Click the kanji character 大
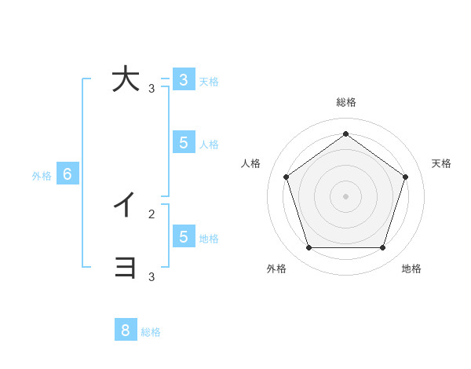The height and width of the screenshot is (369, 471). (126, 80)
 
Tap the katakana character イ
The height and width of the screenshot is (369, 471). (125, 206)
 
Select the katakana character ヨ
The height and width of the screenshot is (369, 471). (126, 268)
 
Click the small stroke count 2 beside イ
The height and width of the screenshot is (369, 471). (152, 214)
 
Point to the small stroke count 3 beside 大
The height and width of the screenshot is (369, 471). (152, 89)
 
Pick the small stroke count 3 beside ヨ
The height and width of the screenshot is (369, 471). (152, 276)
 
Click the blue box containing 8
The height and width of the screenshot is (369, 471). (126, 330)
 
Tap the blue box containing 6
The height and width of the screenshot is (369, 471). (68, 174)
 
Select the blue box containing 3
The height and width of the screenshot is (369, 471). (183, 79)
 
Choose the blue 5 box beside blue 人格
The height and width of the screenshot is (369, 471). (183, 142)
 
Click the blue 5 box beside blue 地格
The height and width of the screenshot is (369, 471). (183, 236)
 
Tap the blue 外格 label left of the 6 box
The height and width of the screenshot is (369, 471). (42, 176)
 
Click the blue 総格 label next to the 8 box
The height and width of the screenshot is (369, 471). (151, 332)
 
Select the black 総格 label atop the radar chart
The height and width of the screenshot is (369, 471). (346, 103)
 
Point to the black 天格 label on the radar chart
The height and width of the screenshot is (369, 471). (441, 163)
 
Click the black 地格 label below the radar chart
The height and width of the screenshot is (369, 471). (411, 269)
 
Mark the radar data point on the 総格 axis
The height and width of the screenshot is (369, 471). (345, 133)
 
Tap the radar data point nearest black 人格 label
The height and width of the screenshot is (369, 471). (286, 177)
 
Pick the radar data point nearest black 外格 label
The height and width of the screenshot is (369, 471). (309, 247)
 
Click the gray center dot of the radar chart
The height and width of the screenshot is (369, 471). (345, 195)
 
